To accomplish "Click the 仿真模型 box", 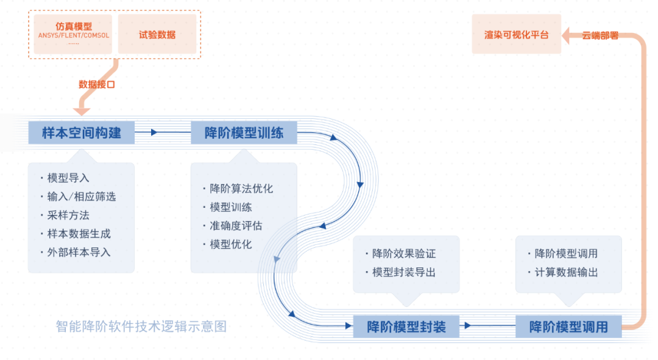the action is (73, 34).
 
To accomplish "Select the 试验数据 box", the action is (157, 34).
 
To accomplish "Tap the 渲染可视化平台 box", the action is (516, 34).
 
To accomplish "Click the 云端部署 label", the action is (600, 36).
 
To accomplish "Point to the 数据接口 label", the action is (97, 84).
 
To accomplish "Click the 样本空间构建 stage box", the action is (82, 133).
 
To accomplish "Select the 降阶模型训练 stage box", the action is (244, 133).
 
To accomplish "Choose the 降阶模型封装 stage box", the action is (406, 326).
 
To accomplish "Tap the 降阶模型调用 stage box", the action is (568, 326).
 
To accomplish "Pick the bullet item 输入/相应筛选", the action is (79, 196).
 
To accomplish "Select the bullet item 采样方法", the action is (65, 215).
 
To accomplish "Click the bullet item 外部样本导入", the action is (76, 252).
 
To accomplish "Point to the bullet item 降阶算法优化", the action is (238, 188).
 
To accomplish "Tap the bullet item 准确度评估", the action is (233, 226).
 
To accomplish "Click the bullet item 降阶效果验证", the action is (401, 253).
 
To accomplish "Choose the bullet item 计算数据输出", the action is (563, 272).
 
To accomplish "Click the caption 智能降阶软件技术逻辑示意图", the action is (141, 326).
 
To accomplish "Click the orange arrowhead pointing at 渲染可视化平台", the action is (566, 36).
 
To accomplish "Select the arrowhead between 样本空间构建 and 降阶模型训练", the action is (154, 133).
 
